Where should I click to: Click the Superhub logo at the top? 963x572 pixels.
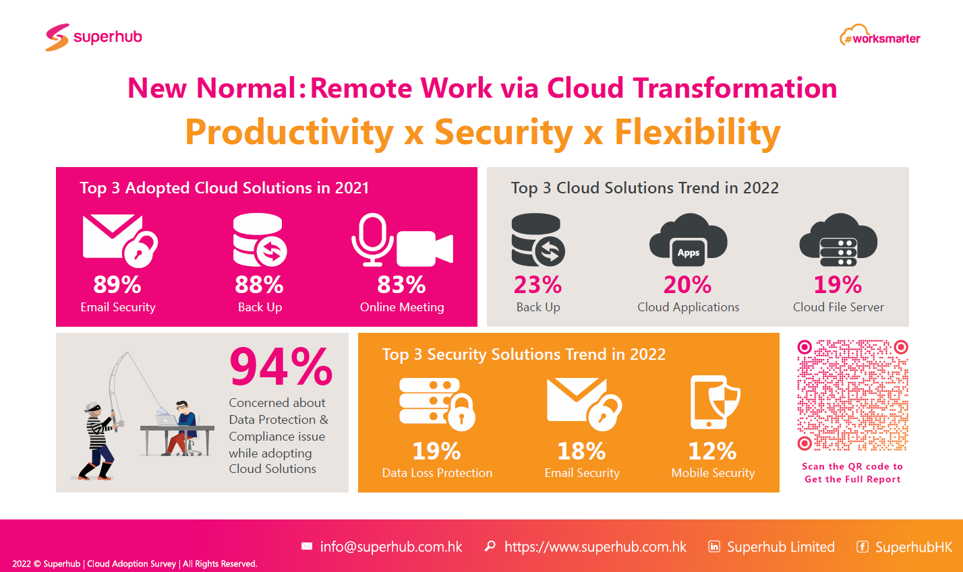tap(94, 37)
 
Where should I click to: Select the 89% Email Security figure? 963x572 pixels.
tap(117, 285)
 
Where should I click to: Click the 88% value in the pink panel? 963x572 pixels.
tap(259, 285)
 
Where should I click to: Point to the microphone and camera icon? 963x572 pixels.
tap(402, 241)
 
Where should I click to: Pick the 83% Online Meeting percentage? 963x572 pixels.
tap(401, 285)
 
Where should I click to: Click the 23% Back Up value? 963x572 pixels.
tap(537, 285)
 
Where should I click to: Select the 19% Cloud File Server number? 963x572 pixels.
tap(838, 285)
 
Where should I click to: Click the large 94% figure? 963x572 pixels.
tap(281, 367)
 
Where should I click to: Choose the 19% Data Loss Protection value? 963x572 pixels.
tap(436, 451)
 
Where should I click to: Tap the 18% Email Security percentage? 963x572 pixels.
tap(581, 451)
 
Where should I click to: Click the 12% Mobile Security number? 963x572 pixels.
tap(712, 451)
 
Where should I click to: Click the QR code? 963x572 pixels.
tap(852, 395)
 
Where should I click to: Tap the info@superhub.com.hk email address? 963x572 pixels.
tap(391, 546)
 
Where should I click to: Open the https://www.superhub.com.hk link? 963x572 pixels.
tap(595, 546)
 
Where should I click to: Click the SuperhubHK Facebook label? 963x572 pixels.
tap(914, 546)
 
